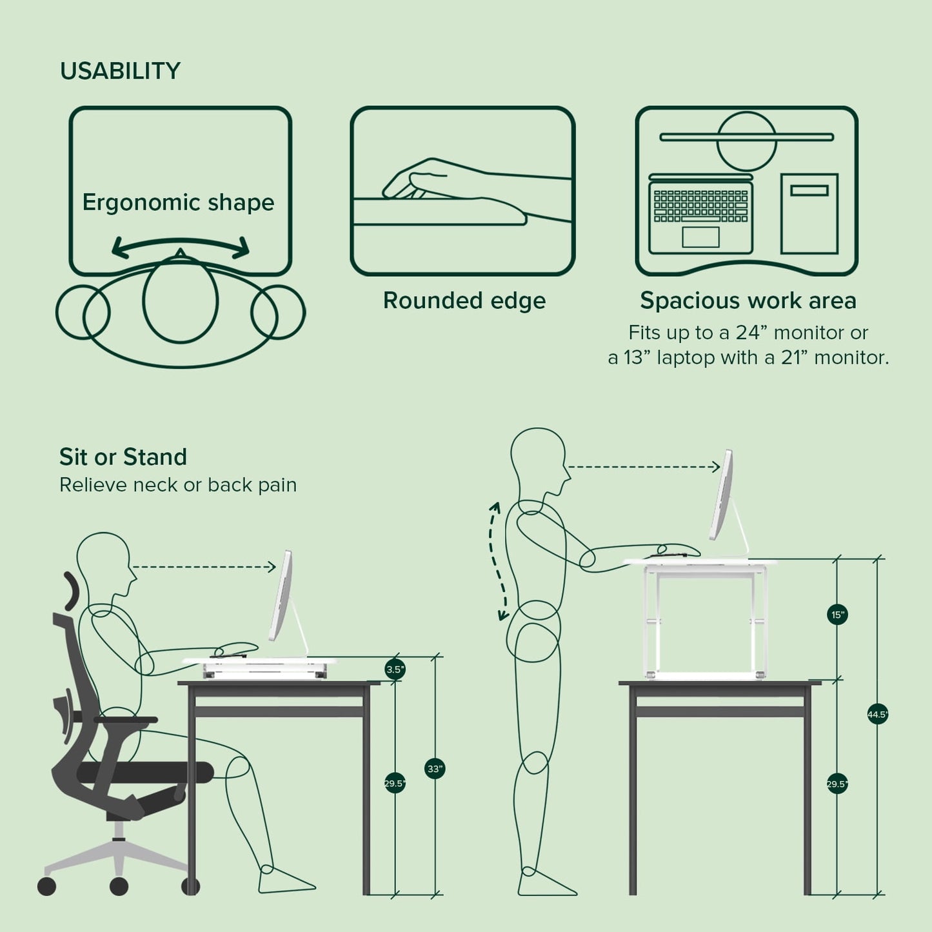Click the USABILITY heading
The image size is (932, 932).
[120, 71]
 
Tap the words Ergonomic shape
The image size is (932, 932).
[178, 203]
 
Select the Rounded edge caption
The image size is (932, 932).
[464, 301]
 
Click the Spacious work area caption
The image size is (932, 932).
[748, 301]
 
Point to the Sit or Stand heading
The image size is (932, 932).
[123, 457]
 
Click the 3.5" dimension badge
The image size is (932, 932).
[395, 669]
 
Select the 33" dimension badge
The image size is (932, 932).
[435, 769]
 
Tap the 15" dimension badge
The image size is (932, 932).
[837, 615]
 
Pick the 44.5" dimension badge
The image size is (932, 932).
[877, 715]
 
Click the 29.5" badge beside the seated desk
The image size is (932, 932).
[395, 784]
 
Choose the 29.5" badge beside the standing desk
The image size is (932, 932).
[837, 784]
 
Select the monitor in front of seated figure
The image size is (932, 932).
[281, 597]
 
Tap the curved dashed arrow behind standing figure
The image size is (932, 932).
[497, 561]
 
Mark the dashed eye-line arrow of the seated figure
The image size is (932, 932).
[204, 567]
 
